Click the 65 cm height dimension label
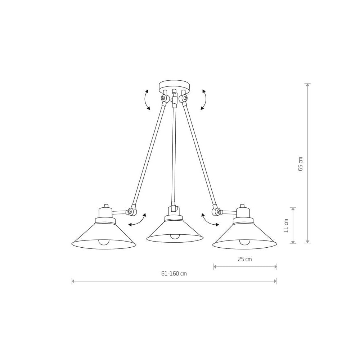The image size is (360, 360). [300, 164]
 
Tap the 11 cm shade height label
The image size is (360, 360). [286, 226]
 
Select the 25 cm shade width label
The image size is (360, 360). [245, 259]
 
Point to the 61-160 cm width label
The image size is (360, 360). [174, 274]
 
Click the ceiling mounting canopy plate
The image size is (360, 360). [175, 85]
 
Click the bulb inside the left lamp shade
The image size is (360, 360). [103, 242]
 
